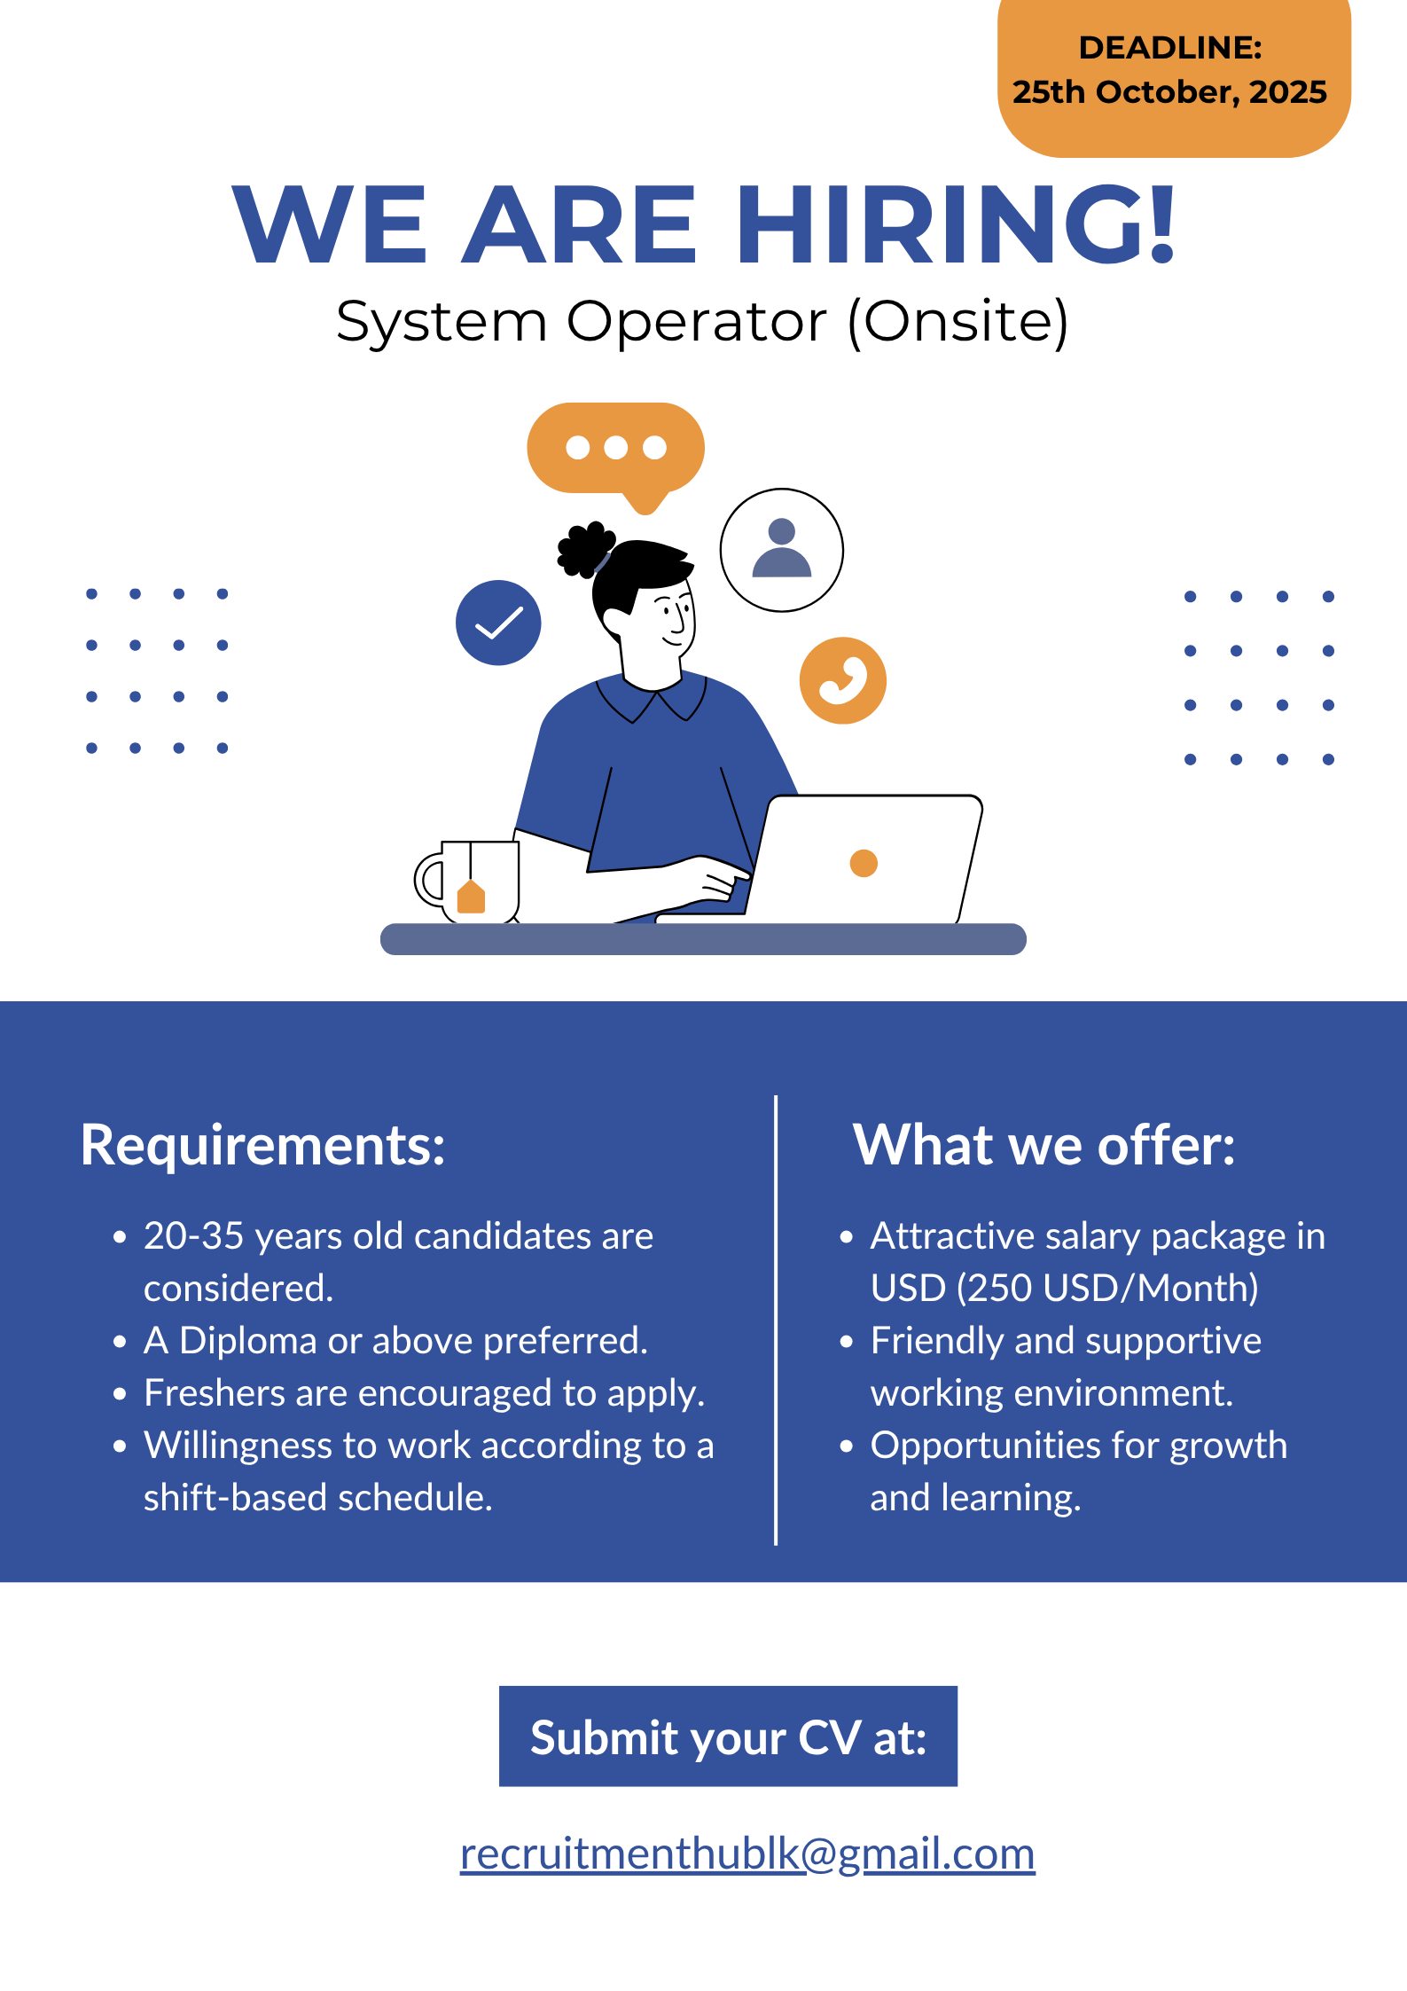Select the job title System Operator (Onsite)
(702, 321)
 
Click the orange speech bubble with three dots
(615, 449)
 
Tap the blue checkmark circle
(498, 623)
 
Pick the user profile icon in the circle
(781, 550)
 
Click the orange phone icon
(842, 680)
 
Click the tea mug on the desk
(470, 881)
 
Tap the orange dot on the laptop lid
(864, 862)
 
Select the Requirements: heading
(262, 1145)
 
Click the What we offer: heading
(1044, 1145)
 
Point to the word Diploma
(248, 1341)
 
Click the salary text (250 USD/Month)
(1108, 1289)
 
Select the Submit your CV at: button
(728, 1736)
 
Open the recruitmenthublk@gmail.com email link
(746, 1854)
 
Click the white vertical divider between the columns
(776, 1321)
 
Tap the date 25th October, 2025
(1169, 92)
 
